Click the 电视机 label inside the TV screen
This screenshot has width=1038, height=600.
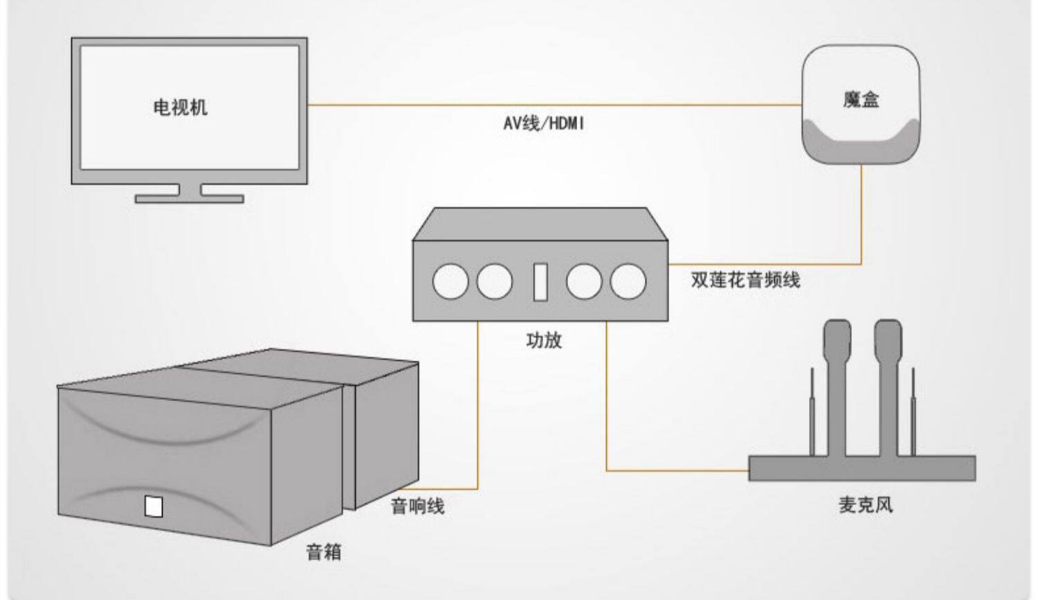coord(180,107)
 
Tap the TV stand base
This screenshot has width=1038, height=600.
coord(189,199)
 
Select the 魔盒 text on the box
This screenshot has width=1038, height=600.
coord(861,100)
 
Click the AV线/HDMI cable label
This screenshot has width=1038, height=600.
coord(543,124)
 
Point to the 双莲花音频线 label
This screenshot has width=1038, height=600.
coord(745,280)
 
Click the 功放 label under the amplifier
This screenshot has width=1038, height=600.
coord(544,340)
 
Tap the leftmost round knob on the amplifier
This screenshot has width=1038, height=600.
coord(450,282)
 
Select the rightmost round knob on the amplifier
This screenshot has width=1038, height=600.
coord(628,282)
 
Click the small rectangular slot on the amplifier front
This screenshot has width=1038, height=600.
coord(540,282)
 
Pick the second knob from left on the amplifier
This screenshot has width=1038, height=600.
coord(495,282)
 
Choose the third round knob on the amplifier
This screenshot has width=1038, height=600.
coord(583,282)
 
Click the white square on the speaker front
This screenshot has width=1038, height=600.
coord(154,506)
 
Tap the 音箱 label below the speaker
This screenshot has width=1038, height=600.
coord(324,552)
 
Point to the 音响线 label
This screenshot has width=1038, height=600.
coord(417,506)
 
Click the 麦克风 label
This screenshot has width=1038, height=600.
coord(865,504)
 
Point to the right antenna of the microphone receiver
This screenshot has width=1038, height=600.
coord(913,412)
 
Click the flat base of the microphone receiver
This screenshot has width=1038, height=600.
coord(862,468)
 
